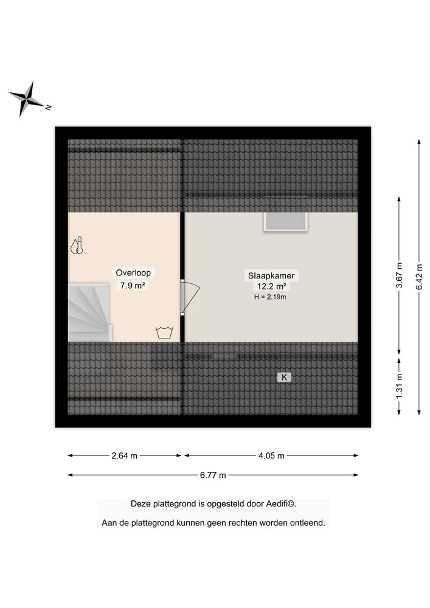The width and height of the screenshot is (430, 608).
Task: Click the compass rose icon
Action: [x=26, y=98]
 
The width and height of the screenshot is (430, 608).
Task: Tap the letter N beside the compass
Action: [x=49, y=108]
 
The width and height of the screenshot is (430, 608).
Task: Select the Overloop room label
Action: [x=133, y=272]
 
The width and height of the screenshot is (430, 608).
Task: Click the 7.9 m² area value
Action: [x=133, y=286]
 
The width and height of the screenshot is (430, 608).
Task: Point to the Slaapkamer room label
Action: [x=271, y=275]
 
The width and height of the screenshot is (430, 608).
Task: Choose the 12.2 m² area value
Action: [x=271, y=286]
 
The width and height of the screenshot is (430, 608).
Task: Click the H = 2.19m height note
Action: [x=270, y=297]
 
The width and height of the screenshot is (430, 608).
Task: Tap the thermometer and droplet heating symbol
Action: [x=77, y=245]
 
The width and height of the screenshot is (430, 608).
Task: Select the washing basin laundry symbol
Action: [x=164, y=333]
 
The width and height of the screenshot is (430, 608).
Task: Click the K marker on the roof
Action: [x=284, y=377]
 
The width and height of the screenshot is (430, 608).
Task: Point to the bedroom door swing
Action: [x=190, y=297]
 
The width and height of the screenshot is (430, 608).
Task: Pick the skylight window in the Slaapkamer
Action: [x=286, y=222]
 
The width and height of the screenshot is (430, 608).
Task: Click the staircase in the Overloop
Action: [x=90, y=313]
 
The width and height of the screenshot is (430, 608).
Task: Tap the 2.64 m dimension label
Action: [x=125, y=455]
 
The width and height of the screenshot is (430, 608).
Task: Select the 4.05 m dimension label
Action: [x=271, y=455]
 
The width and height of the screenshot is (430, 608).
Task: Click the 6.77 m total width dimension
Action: [x=213, y=475]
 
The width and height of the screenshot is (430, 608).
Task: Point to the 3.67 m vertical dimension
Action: [x=399, y=275]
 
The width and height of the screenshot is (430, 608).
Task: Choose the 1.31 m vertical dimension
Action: [x=399, y=386]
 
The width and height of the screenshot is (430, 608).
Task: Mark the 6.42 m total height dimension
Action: [x=419, y=277]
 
